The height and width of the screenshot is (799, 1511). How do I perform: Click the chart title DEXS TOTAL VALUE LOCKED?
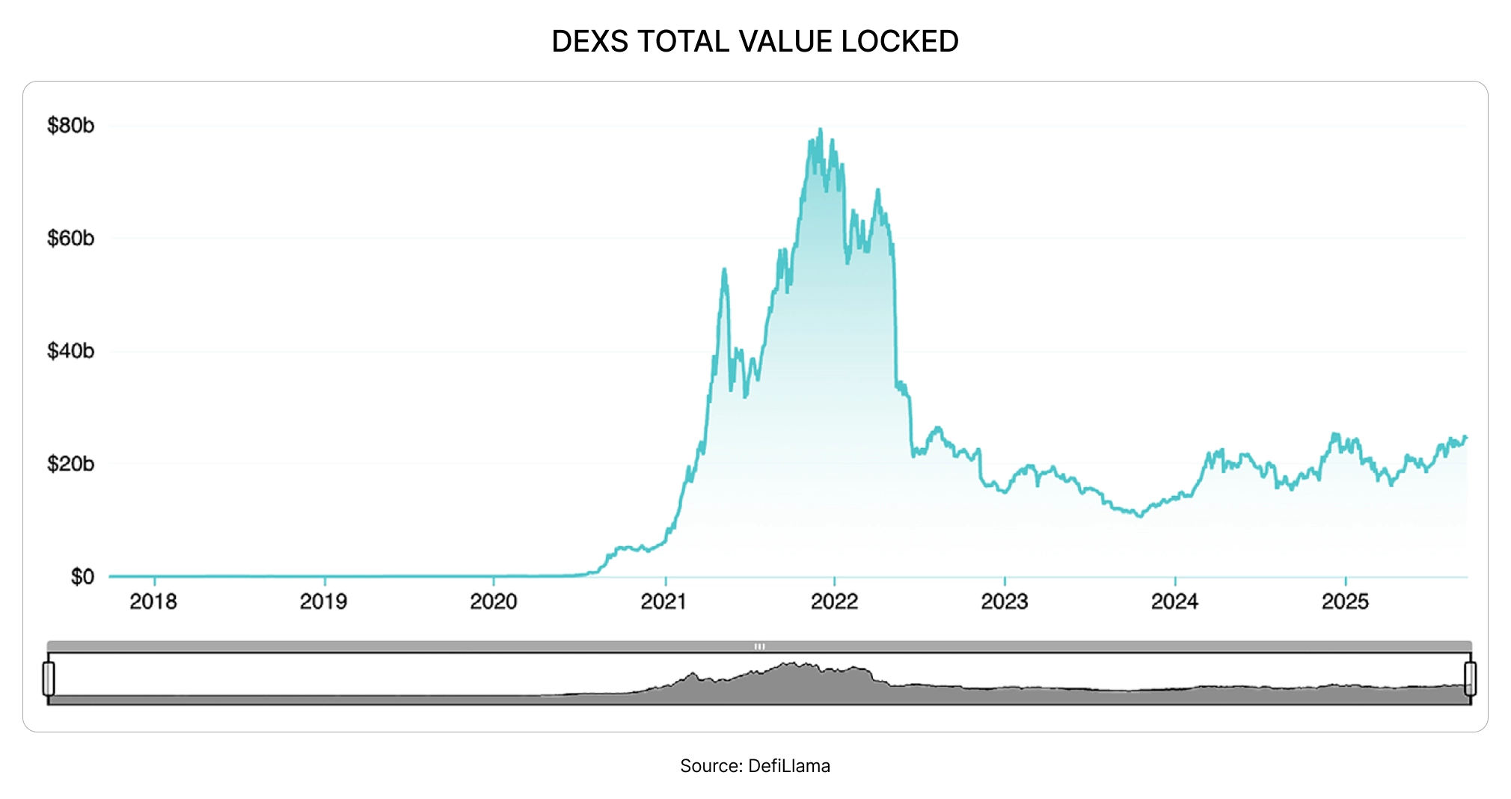755,41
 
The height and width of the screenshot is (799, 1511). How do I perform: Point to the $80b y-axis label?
71,126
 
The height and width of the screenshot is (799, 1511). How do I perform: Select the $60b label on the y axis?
71,239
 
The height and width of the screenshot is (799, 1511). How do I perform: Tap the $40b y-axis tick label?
71,351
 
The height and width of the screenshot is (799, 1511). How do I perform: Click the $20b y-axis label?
71,464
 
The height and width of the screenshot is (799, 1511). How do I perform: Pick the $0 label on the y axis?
82,577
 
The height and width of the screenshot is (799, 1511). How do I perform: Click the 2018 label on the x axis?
153,601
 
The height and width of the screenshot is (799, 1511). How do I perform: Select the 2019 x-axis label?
323,601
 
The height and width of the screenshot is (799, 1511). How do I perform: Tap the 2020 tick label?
494,601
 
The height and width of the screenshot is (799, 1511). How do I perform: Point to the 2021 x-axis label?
664,601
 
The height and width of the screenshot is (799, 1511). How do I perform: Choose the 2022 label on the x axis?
835,601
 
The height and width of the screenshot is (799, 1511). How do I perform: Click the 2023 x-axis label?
1005,601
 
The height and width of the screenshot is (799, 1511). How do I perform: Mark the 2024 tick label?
1175,601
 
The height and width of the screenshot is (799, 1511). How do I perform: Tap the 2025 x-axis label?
1345,601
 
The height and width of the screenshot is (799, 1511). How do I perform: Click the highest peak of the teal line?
821,129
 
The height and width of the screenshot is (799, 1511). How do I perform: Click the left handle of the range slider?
49,679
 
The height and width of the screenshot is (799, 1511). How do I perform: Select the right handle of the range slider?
1470,679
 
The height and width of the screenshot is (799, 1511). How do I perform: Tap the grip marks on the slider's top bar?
759,646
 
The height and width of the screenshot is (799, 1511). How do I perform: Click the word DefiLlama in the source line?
789,766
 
